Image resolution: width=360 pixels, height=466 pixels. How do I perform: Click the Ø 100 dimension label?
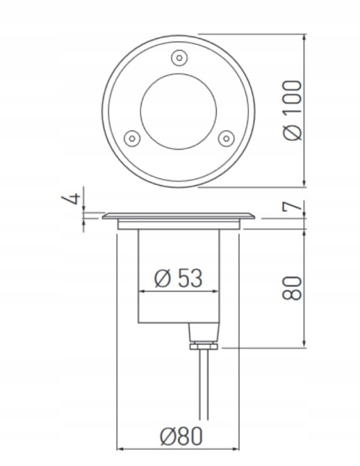(x=295, y=108)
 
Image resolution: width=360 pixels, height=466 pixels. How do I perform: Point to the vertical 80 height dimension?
(x=295, y=288)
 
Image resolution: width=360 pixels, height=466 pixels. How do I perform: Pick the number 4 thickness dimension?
(x=72, y=199)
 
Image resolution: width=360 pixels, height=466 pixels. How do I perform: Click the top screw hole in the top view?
(x=178, y=57)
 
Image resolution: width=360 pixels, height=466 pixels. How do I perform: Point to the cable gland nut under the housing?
(x=202, y=345)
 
